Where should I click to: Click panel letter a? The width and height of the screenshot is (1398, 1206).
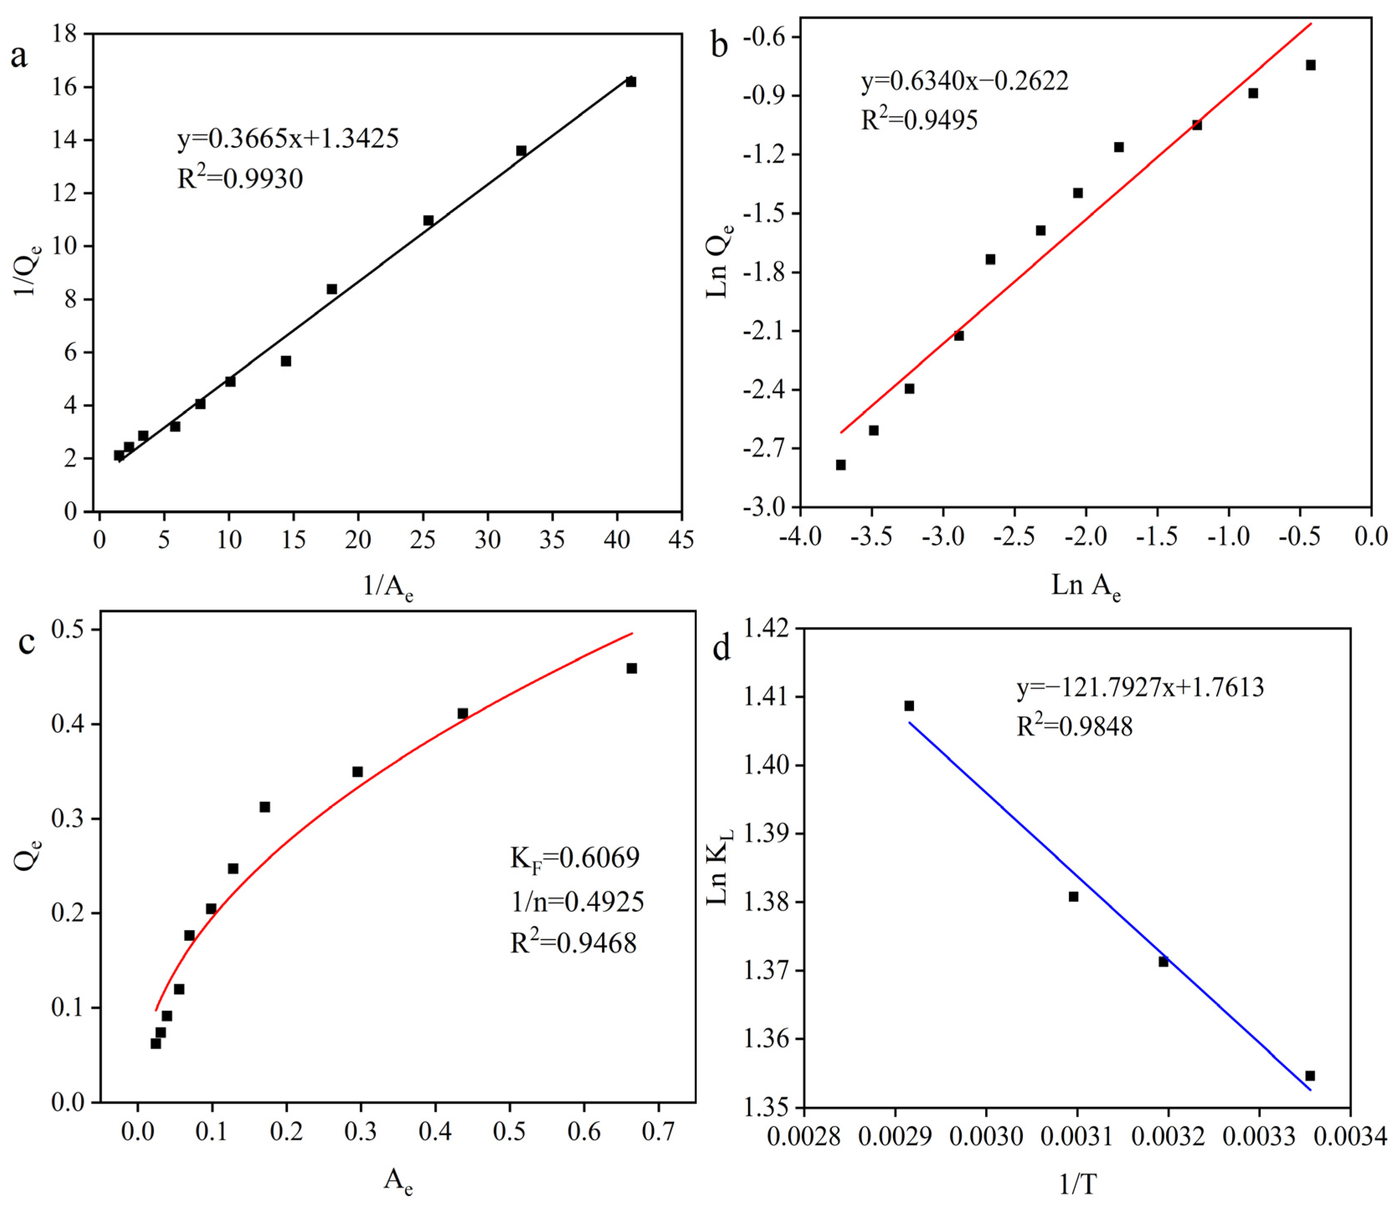18,55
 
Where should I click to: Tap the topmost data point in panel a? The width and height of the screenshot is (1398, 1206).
631,82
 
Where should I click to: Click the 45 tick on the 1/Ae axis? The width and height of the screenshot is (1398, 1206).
682,539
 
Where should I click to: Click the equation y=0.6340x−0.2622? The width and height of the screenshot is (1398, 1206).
965,81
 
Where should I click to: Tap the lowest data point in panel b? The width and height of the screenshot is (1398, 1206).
841,464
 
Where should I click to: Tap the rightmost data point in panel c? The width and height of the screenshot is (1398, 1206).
631,668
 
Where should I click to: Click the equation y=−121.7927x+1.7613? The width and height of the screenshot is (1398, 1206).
1140,687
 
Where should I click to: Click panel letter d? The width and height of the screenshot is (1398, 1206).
721,649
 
